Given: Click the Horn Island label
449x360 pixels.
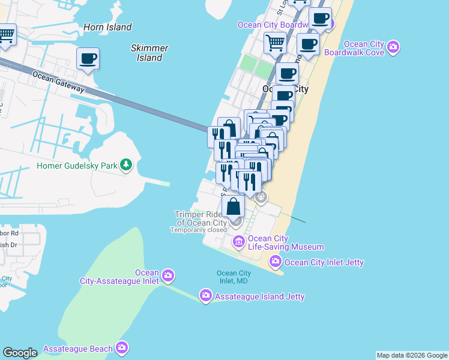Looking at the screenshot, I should pyautogui.click(x=107, y=27).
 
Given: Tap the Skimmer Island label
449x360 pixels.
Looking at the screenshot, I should pyautogui.click(x=149, y=53).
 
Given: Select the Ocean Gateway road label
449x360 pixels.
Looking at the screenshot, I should pyautogui.click(x=58, y=82).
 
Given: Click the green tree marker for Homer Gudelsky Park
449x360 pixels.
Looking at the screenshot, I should pyautogui.click(x=125, y=165).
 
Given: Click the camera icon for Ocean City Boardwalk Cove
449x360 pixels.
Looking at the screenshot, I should pyautogui.click(x=393, y=46).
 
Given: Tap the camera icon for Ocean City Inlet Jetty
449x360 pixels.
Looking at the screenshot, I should pyautogui.click(x=276, y=261).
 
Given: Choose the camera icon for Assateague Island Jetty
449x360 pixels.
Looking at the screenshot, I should pyautogui.click(x=205, y=295).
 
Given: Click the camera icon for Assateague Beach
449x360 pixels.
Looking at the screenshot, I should pyautogui.click(x=122, y=347).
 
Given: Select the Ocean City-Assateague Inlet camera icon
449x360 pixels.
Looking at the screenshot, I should pyautogui.click(x=168, y=276).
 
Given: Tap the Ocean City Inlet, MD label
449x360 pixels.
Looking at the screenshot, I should pyautogui.click(x=234, y=277).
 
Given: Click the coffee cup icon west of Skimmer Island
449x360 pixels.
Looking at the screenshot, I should pyautogui.click(x=88, y=59).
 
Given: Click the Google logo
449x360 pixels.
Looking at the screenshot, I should pyautogui.click(x=20, y=352).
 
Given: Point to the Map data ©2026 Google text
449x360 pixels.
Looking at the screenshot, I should pyautogui.click(x=412, y=355).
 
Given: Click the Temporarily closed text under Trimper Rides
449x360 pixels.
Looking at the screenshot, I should pyautogui.click(x=198, y=230).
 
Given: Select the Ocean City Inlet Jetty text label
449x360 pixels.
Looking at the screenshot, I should pyautogui.click(x=324, y=262).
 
